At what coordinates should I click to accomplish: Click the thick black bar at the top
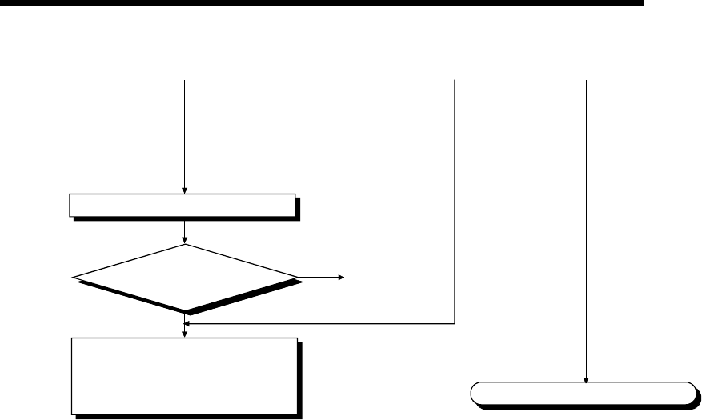[320, 4]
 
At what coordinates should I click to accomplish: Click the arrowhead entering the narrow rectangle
[185, 190]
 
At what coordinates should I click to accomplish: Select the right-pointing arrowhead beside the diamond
[340, 278]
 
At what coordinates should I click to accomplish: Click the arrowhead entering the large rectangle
[185, 334]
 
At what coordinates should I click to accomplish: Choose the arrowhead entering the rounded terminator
[587, 379]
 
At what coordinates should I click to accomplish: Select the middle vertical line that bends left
[455, 200]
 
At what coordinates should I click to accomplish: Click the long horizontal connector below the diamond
[320, 324]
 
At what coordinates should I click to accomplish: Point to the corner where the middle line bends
[455, 324]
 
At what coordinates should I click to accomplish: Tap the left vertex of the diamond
[74, 278]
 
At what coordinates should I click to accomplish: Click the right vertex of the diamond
[295, 278]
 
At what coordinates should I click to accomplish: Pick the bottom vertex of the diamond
[185, 311]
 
